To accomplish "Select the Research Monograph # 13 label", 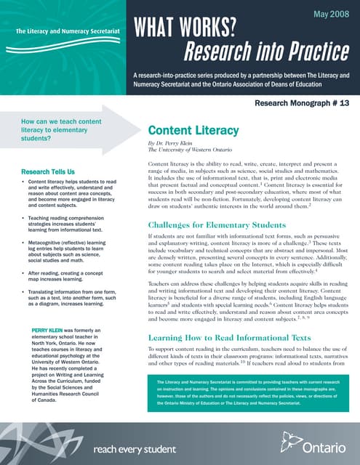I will (296, 104).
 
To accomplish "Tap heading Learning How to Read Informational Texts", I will (234, 339).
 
